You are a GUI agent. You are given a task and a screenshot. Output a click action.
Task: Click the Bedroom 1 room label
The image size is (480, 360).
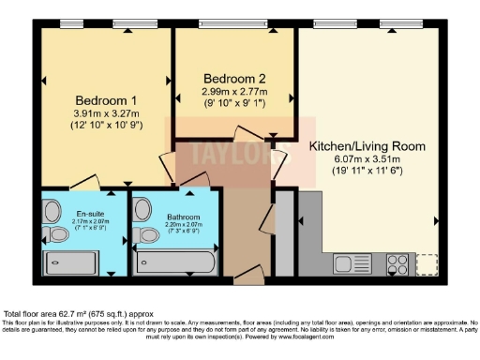(x=106, y=100)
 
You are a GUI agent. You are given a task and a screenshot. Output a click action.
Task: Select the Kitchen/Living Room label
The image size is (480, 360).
(x=367, y=146)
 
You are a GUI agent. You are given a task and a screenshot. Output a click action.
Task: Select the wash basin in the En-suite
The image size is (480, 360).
(x=51, y=209)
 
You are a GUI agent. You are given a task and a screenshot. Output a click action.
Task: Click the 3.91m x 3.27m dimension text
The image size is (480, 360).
(x=106, y=113)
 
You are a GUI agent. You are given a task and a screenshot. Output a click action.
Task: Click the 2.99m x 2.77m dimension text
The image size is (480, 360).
(x=234, y=92)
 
